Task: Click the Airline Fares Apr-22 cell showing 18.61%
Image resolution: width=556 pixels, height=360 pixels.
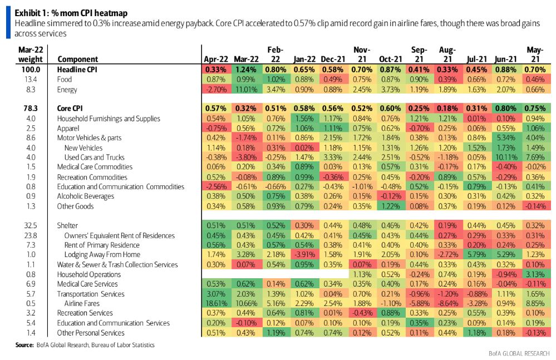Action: [214, 303]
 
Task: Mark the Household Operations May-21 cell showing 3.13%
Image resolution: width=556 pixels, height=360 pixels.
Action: [535, 274]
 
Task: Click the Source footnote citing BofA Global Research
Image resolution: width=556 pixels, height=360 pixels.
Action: [85, 346]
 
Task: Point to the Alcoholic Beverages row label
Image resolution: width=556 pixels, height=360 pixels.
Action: [85, 196]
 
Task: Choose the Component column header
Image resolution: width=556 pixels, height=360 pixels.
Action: [77, 59]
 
